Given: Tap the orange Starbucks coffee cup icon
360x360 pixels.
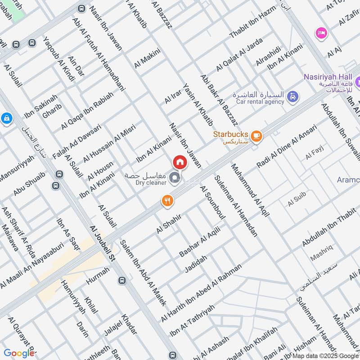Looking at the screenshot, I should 256,135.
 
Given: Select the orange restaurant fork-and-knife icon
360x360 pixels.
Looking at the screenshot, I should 167,201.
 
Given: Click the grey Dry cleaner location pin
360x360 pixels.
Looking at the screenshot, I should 175,180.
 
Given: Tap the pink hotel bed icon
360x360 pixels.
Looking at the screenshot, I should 322,33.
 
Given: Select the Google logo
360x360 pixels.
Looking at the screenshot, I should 19,353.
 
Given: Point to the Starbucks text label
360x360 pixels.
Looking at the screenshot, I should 230,135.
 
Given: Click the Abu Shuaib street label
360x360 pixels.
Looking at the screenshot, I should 29,184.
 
